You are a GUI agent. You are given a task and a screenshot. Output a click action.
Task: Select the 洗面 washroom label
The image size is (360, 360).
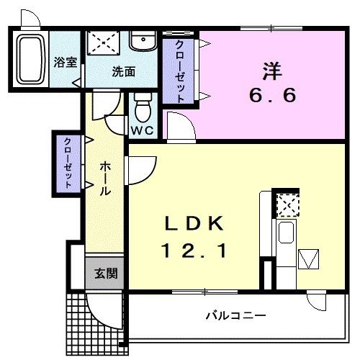(x=123, y=71)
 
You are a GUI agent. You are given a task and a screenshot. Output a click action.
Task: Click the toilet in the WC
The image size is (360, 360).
(x=143, y=109)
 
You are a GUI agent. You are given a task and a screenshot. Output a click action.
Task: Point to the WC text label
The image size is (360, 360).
(x=141, y=131)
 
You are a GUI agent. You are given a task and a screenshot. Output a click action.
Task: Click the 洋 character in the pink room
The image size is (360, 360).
(x=271, y=71)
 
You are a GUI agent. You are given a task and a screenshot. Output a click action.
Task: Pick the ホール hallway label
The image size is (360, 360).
(x=104, y=179)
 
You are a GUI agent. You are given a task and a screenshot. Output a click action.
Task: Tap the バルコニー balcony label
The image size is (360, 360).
(x=236, y=315)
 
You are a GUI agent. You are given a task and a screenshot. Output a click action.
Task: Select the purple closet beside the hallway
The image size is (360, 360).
(x=68, y=162)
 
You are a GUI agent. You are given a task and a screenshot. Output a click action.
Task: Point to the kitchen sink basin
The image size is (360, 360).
(x=286, y=235)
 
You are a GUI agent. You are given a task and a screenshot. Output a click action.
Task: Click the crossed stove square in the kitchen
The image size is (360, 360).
(x=287, y=205)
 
